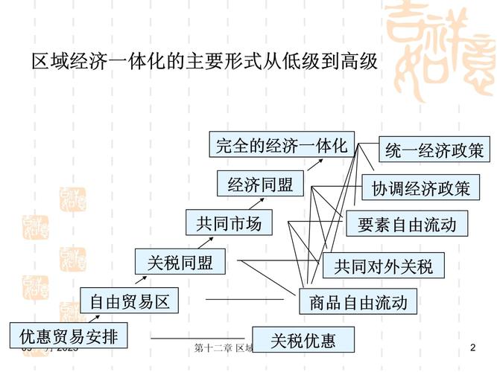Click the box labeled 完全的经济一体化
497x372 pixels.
click(x=282, y=146)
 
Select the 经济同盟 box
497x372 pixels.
click(x=260, y=185)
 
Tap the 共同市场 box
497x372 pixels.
click(x=229, y=223)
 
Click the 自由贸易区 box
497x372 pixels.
click(x=130, y=301)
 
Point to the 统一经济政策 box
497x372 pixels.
click(x=434, y=150)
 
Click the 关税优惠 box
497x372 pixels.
click(x=303, y=341)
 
